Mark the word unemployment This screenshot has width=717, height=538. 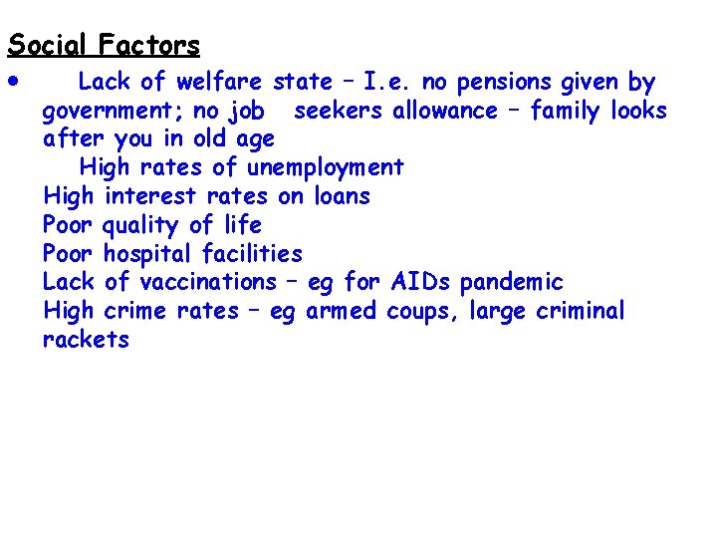click(x=326, y=167)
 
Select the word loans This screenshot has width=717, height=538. click(x=339, y=196)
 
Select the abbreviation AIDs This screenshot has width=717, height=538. click(x=423, y=283)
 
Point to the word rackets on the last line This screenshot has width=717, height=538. click(x=86, y=340)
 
